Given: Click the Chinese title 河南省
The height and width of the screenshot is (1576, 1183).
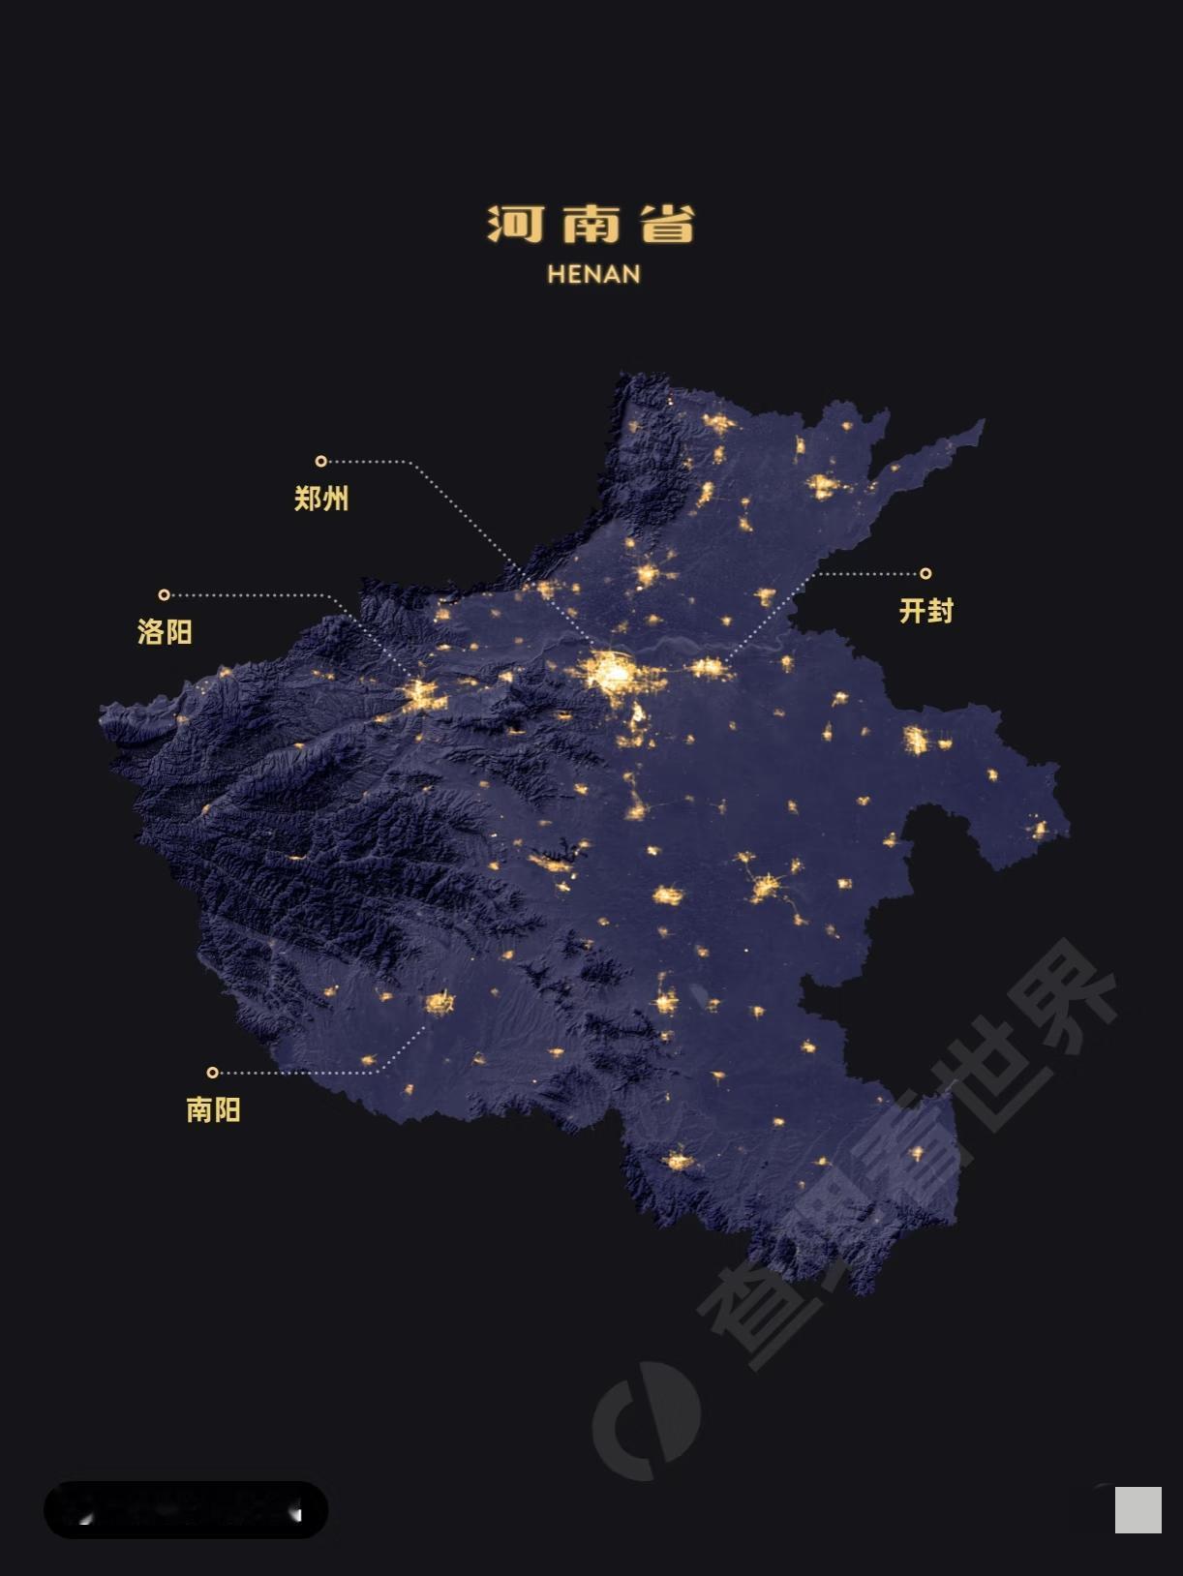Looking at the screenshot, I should click(591, 225).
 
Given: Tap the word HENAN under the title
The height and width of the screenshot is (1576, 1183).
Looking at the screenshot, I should click(593, 274).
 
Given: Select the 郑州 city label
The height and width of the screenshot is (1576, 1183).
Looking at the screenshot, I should click(321, 499).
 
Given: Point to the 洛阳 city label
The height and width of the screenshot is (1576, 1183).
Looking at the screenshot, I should click(165, 632).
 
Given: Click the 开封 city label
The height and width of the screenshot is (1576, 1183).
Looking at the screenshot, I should click(926, 611).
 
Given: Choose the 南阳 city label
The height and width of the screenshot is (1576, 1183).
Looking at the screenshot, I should click(213, 1109).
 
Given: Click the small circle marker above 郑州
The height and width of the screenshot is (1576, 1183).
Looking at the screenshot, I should click(321, 461).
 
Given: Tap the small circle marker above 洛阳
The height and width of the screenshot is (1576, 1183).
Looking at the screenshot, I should click(165, 594).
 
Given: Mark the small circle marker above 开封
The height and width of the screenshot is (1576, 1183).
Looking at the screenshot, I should click(925, 573).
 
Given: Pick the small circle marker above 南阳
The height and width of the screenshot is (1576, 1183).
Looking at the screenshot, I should click(213, 1072).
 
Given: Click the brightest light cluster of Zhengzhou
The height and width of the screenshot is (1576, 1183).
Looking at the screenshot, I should click(613, 672).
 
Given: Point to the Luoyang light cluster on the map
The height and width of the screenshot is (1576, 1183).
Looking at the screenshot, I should click(422, 693).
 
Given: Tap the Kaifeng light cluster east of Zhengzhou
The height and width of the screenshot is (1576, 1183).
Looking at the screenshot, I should click(708, 667).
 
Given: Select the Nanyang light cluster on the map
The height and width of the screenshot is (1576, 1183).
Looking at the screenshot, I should click(440, 1003).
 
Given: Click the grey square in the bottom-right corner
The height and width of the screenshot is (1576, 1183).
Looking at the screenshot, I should click(1137, 1510).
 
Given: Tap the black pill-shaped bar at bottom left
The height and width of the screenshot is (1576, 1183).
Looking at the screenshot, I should click(186, 1509).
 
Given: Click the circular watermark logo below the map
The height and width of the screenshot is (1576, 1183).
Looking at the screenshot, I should click(647, 1420).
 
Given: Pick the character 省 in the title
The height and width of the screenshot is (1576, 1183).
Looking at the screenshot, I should click(668, 225).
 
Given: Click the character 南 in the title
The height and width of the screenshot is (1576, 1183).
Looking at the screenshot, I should click(591, 225).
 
